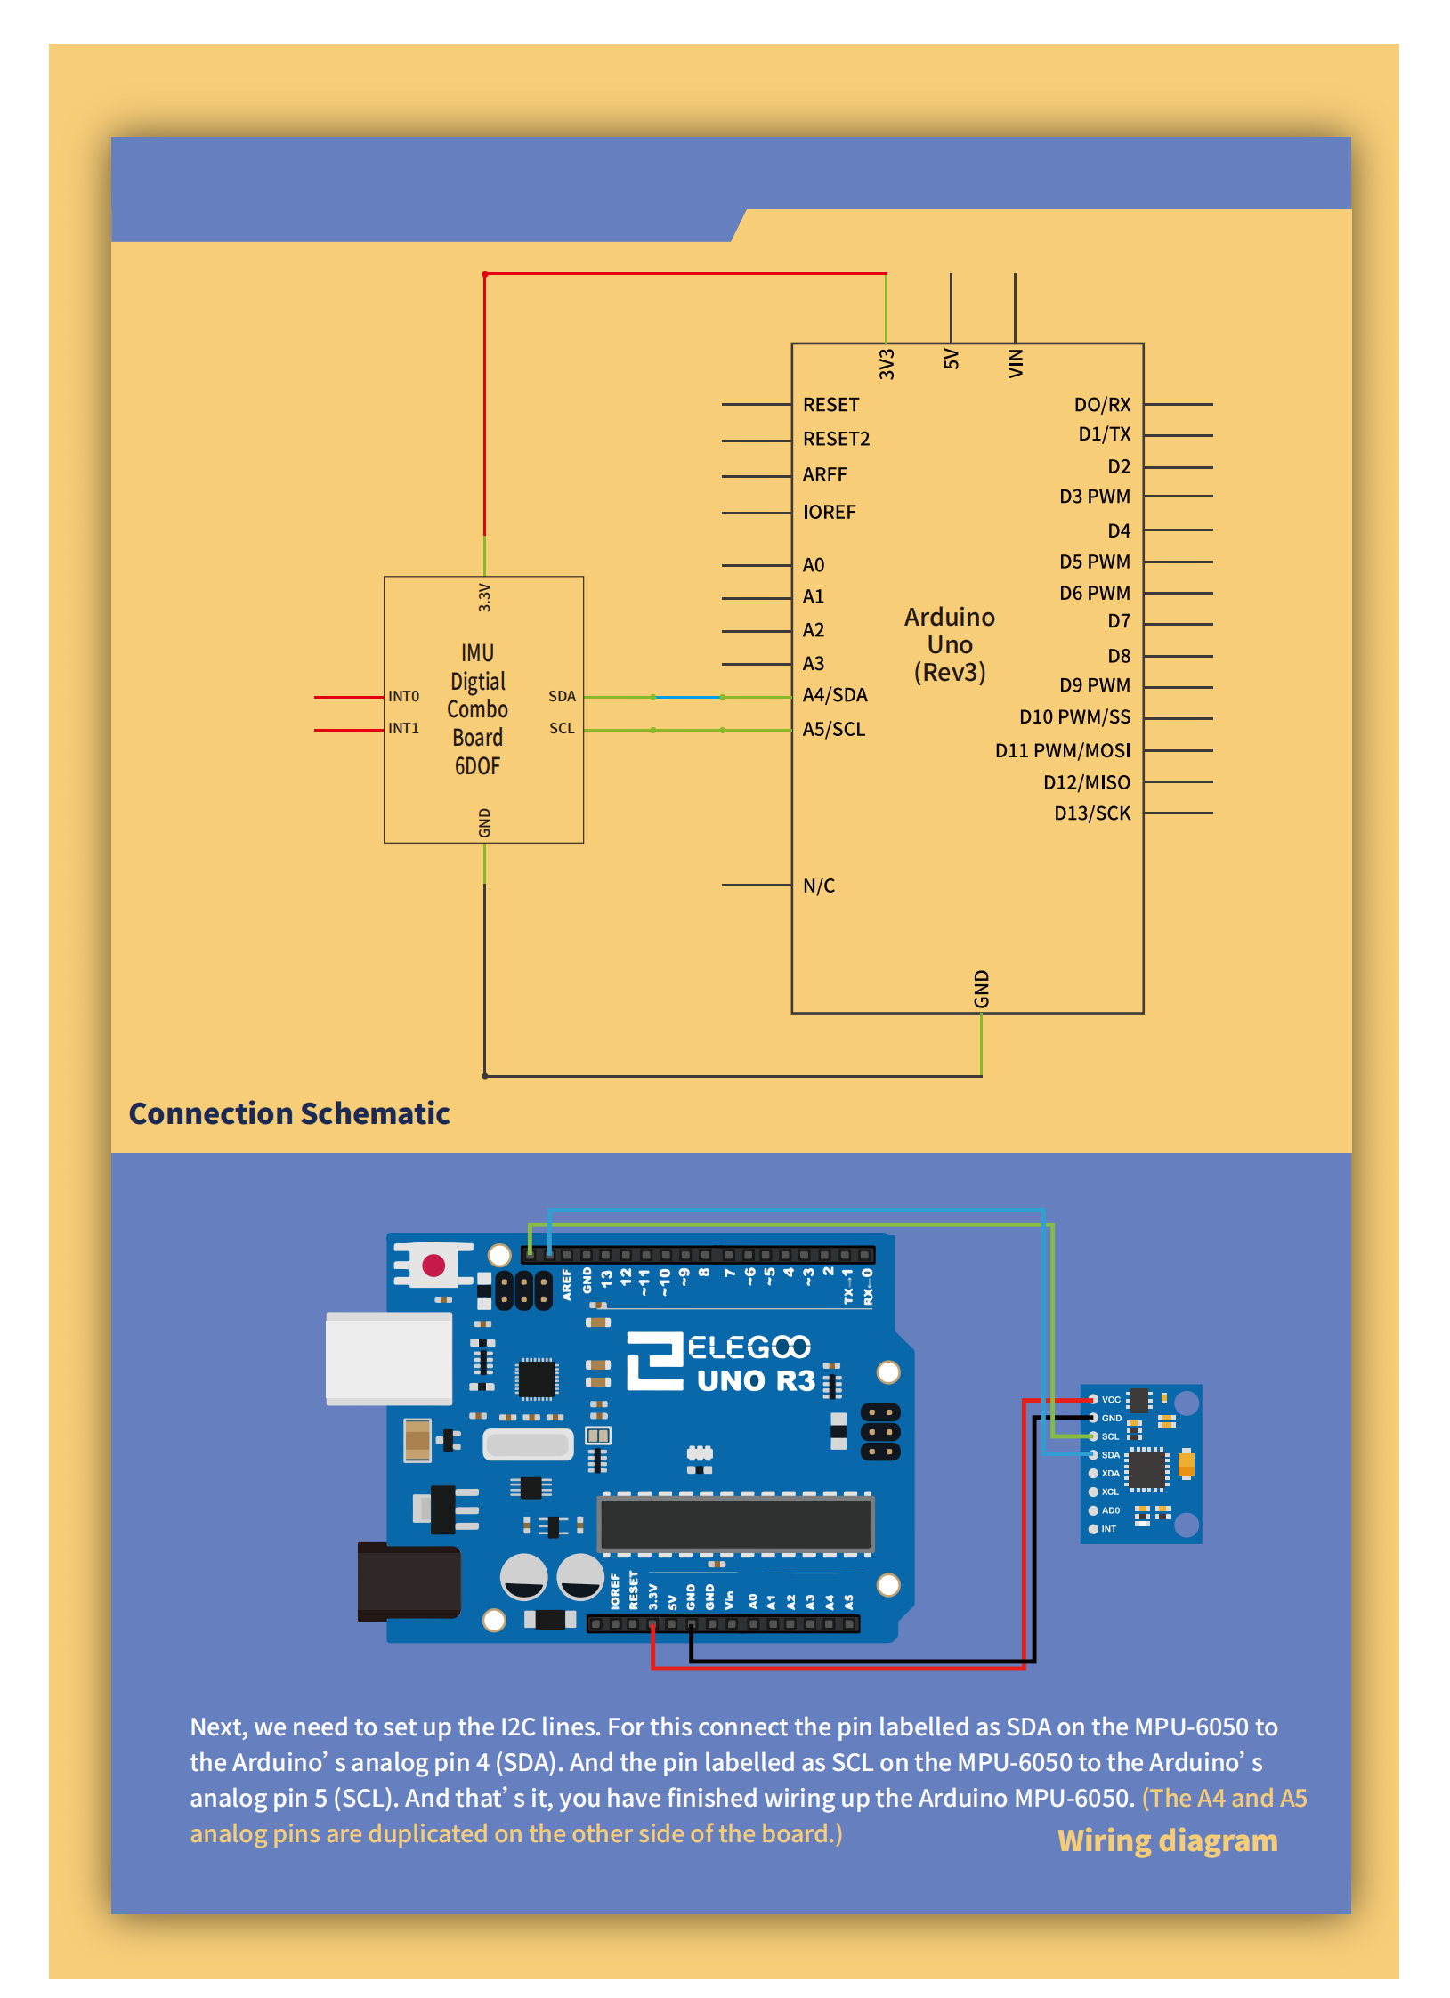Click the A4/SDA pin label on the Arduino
click(x=834, y=695)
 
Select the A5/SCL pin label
click(x=833, y=729)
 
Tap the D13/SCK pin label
click(x=1091, y=813)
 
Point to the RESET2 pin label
click(x=836, y=439)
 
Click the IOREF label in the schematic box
click(x=829, y=512)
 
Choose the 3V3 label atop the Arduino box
click(x=887, y=364)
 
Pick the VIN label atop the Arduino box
click(x=1016, y=363)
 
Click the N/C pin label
click(x=818, y=886)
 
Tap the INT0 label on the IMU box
click(x=403, y=696)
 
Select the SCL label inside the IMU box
click(x=562, y=728)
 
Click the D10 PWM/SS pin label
click(x=1074, y=717)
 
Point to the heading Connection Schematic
click(x=289, y=1113)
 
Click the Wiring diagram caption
click(x=1167, y=1840)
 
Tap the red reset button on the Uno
click(x=433, y=1266)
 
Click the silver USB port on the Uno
click(x=389, y=1358)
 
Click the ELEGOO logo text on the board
click(x=749, y=1347)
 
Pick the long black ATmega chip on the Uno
click(x=735, y=1524)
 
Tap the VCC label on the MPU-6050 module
click(x=1111, y=1400)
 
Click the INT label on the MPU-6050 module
click(x=1108, y=1529)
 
